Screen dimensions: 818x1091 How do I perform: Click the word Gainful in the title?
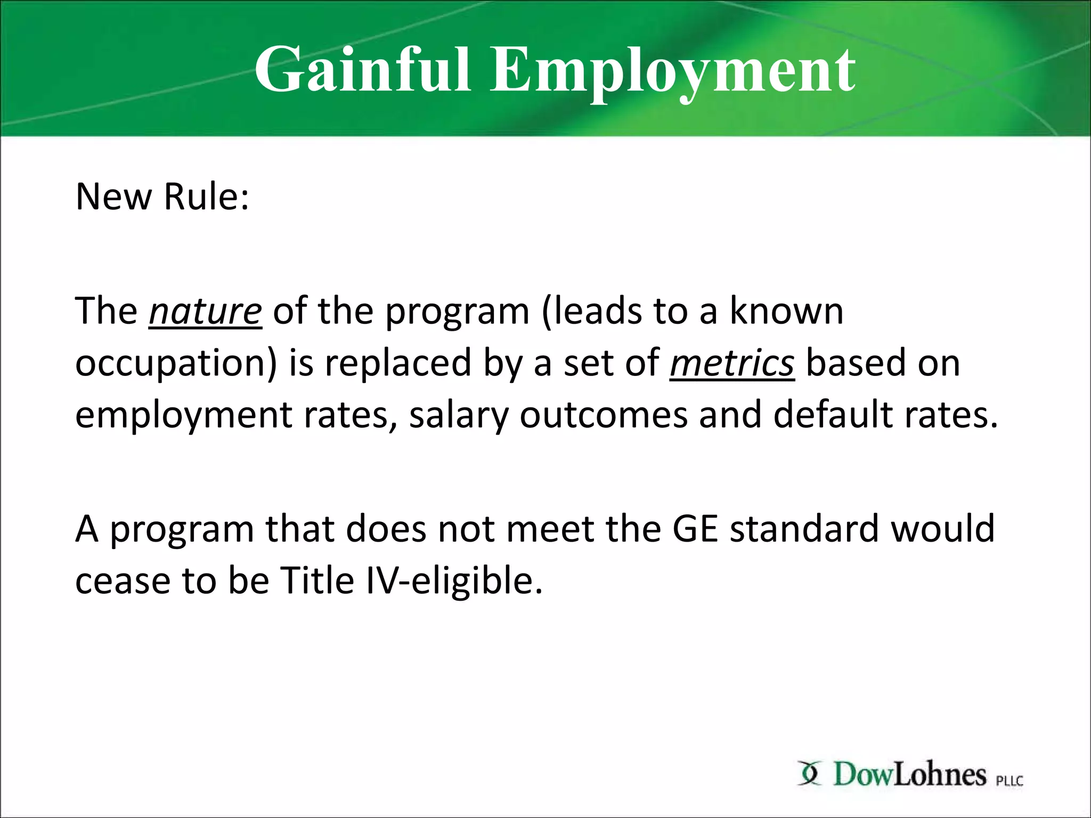coord(362,70)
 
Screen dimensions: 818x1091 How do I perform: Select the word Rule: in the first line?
coord(206,197)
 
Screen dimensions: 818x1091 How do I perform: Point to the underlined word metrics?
coord(732,363)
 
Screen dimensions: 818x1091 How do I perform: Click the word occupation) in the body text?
coord(176,363)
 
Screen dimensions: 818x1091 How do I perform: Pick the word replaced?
coord(398,363)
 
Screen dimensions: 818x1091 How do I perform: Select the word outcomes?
coord(604,415)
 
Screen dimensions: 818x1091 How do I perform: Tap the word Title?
coord(317,580)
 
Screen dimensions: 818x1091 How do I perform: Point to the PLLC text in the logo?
coord(1009,781)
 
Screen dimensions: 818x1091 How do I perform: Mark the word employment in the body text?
coord(183,415)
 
